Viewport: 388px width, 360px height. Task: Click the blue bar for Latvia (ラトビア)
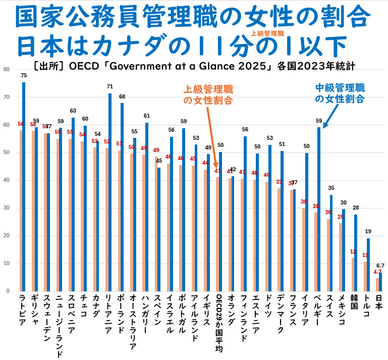tap(24, 187)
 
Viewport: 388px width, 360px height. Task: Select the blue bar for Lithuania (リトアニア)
tap(110, 192)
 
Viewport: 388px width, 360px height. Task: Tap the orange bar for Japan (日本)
tap(377, 285)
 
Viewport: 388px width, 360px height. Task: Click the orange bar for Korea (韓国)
tap(353, 275)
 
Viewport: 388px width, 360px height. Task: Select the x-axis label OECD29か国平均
tap(218, 323)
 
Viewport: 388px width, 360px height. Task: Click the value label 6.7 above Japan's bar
tap(380, 266)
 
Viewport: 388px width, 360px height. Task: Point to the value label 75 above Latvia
tap(24, 75)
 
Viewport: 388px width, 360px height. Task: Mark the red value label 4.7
tap(377, 272)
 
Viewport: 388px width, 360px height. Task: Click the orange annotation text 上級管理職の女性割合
tap(207, 94)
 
